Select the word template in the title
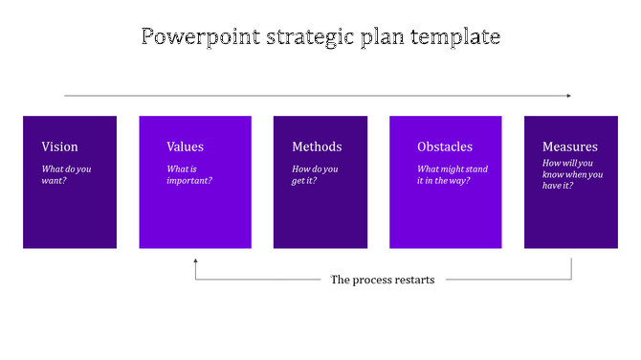454,37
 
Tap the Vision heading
60,146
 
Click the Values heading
186,146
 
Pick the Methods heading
317,146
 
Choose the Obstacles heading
445,146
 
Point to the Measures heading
570,146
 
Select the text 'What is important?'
189,174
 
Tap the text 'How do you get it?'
316,174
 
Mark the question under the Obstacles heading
453,174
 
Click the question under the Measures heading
572,174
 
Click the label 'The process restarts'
383,280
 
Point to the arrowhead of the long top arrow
568,96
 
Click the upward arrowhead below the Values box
195,259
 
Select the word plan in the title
387,37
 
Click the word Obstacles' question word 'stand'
475,169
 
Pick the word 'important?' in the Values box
189,180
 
